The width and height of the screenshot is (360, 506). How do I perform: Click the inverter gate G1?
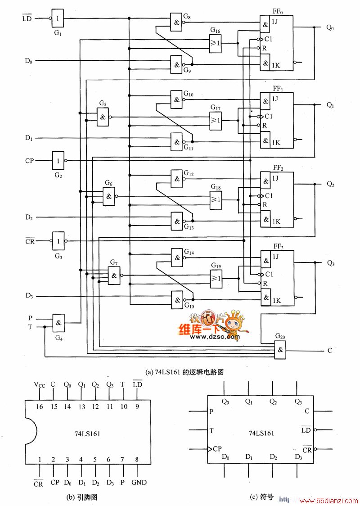58,18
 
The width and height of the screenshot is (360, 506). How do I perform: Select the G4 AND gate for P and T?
58,323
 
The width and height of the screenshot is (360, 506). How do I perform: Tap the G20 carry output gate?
280,350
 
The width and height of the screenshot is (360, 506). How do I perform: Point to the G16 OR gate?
216,43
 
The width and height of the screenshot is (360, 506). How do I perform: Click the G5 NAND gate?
103,117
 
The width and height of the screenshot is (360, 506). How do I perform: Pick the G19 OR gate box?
216,278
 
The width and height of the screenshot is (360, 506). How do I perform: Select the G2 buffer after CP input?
58,160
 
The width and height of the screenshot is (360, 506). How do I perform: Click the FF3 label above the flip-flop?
279,247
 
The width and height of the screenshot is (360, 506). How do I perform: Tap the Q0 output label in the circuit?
330,28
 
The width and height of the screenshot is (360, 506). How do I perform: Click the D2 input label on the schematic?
29,217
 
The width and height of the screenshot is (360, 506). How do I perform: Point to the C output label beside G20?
330,350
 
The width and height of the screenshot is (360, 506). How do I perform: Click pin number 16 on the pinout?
39,407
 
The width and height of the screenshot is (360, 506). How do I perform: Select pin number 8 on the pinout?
137,459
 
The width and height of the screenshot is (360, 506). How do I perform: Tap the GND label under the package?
139,483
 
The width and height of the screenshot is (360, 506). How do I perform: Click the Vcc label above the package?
39,384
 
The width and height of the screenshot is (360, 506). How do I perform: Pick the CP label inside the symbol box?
217,448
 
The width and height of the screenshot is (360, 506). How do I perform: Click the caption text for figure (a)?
184,372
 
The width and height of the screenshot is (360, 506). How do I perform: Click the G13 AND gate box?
177,221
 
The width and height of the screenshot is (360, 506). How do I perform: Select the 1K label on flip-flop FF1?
276,143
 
